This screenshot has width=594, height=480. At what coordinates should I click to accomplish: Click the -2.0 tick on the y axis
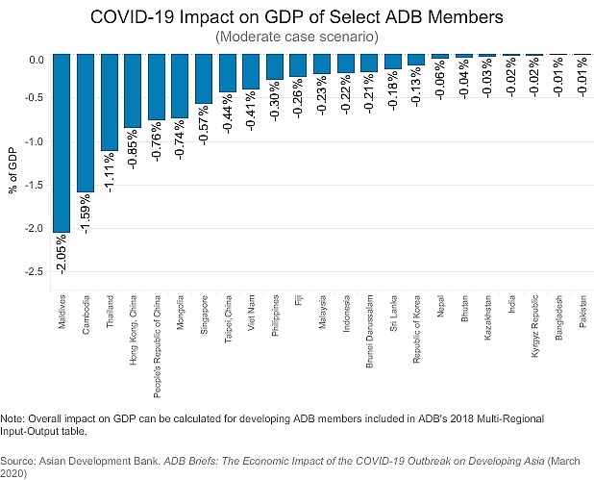(35, 229)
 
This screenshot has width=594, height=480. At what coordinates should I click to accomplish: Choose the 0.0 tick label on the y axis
(37, 60)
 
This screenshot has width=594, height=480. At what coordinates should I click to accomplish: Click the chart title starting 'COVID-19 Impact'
(296, 17)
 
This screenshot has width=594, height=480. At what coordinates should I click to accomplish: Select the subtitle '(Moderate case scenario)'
(296, 37)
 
